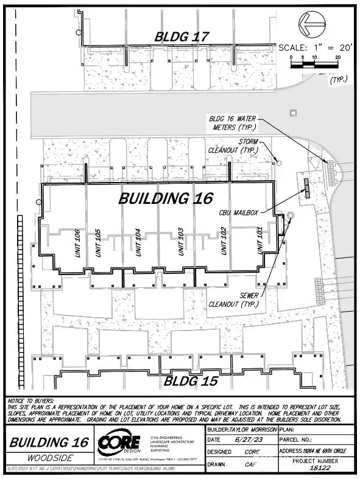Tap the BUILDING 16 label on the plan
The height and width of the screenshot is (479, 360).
tap(165, 198)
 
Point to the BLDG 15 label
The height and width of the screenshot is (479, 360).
tap(191, 382)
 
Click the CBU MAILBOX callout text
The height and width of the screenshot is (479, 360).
tap(239, 213)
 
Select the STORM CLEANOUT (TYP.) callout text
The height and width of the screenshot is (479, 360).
tap(241, 145)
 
